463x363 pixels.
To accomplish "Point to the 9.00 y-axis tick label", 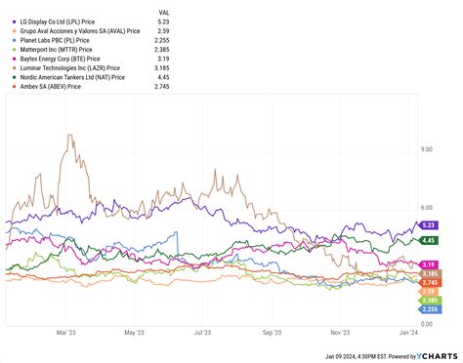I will [426, 149].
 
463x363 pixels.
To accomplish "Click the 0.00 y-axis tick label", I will [426, 323].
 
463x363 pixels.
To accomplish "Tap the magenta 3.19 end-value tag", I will [428, 264].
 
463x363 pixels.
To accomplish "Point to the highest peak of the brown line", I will [69, 135].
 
